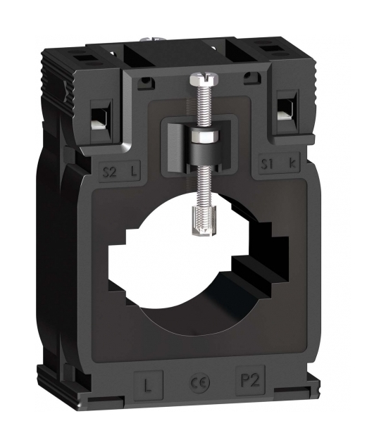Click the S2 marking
(110, 172)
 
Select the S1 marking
(268, 163)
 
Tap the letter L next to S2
(134, 171)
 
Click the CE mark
(200, 383)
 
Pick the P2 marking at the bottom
(250, 381)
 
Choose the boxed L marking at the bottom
(148, 386)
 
